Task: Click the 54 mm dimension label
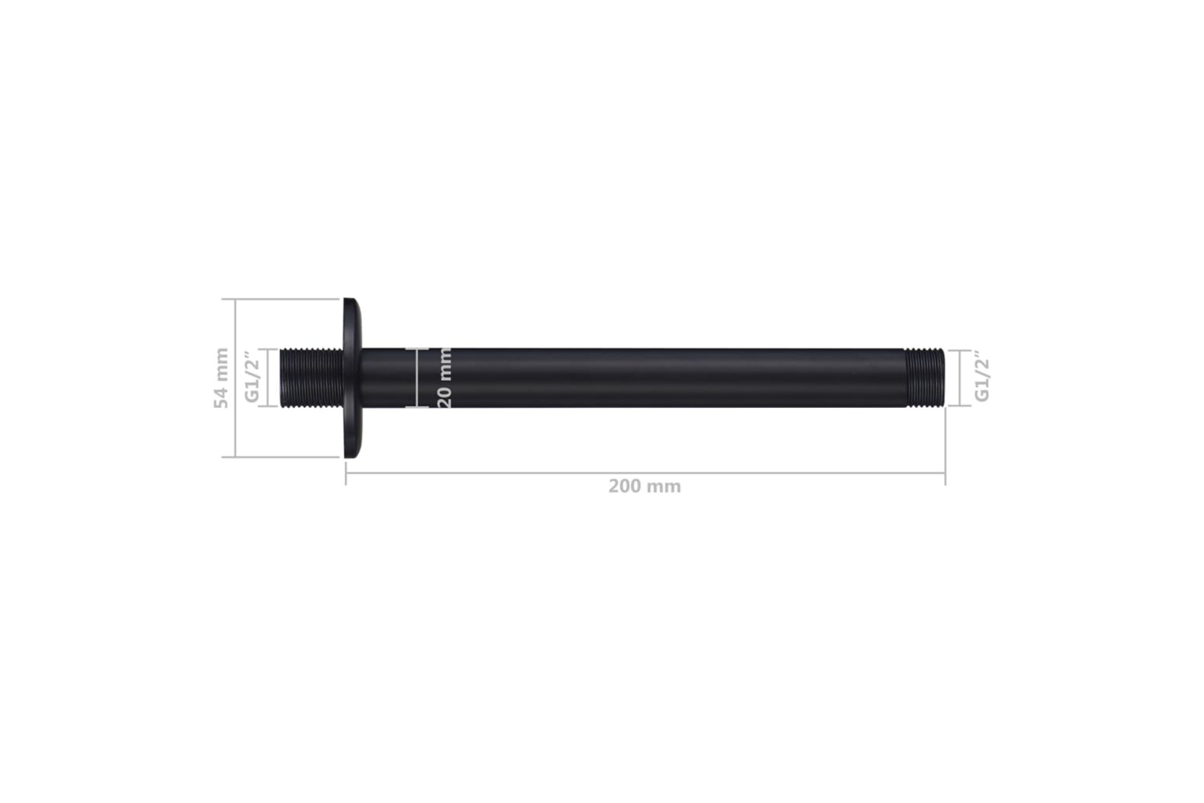tap(221, 378)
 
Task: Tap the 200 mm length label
tap(645, 486)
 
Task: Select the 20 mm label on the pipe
tap(444, 377)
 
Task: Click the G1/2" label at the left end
tap(252, 377)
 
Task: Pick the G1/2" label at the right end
tap(982, 377)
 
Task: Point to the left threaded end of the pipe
tap(311, 377)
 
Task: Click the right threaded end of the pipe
tap(925, 377)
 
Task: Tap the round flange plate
tap(352, 377)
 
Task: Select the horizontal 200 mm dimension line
tap(645, 473)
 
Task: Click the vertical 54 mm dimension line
tap(235, 377)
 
